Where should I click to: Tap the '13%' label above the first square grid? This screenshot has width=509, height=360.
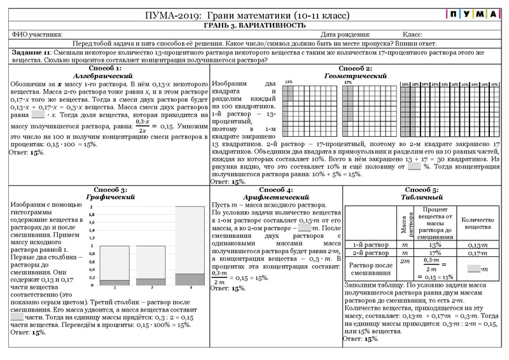pyautogui.click(x=288, y=82)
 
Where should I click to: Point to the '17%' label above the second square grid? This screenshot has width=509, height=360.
pyautogui.click(x=347, y=82)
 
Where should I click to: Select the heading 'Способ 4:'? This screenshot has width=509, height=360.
pyautogui.click(x=276, y=190)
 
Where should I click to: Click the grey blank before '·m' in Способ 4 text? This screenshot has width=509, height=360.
pyautogui.click(x=304, y=227)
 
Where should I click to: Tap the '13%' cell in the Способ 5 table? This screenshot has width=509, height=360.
pyautogui.click(x=435, y=245)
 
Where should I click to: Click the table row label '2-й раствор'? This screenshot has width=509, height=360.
pyautogui.click(x=370, y=253)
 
